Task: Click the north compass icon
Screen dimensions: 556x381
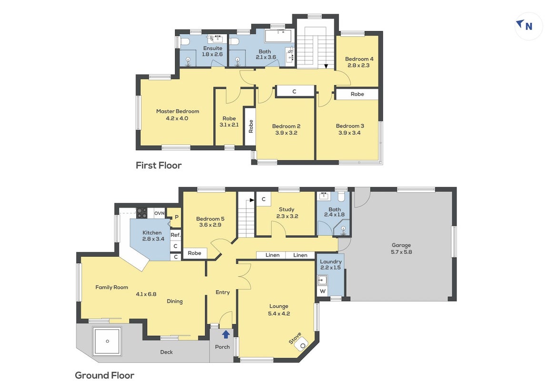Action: (528, 26)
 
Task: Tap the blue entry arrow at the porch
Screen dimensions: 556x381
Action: (226, 334)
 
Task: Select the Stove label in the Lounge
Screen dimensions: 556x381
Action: (295, 339)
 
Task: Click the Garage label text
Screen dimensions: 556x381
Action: (401, 245)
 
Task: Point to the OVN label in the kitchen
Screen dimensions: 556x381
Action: (159, 213)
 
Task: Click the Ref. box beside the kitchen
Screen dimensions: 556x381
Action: (176, 235)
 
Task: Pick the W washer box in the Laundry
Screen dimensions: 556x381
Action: (322, 291)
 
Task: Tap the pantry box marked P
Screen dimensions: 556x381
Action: (176, 217)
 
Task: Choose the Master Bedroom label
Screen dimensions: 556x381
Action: (178, 111)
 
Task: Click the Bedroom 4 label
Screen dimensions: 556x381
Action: (359, 59)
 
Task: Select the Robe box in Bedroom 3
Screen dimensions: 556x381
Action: (357, 94)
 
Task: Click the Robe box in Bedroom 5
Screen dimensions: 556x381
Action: (194, 253)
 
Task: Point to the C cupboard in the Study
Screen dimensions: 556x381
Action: (263, 200)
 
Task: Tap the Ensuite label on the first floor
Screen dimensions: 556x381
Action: (213, 48)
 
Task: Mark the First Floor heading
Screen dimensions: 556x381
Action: (159, 165)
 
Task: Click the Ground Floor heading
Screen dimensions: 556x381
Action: (105, 375)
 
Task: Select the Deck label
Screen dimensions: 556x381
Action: (166, 352)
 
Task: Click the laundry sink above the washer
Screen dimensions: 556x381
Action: (322, 281)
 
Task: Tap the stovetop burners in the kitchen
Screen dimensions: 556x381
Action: (142, 213)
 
